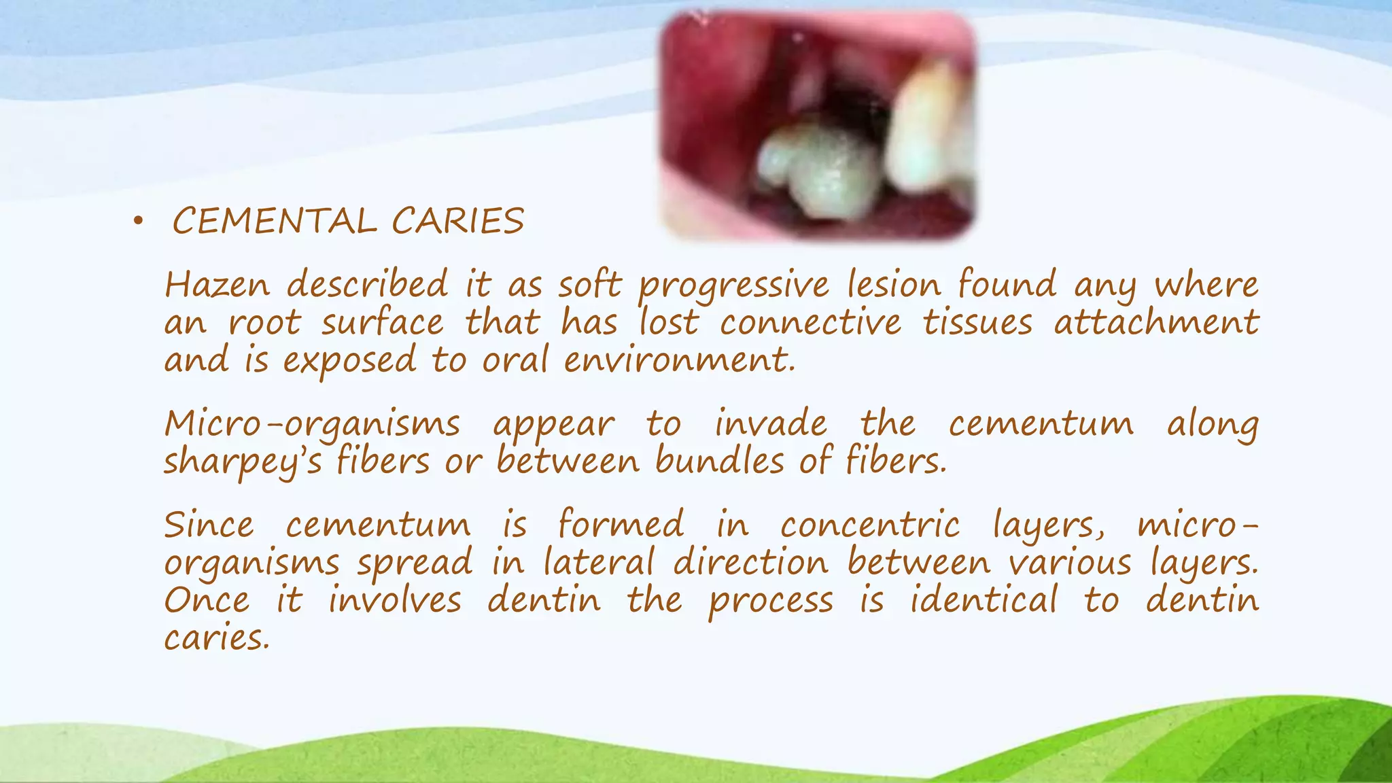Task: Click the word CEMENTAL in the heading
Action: tap(274, 222)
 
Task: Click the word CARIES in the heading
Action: tap(457, 222)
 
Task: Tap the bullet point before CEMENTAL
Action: tap(139, 221)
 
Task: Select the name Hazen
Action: tap(217, 285)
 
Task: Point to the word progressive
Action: tap(733, 286)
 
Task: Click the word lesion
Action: tap(894, 285)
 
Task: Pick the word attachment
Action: tap(1156, 322)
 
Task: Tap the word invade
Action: tap(771, 424)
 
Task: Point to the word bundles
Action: tap(720, 462)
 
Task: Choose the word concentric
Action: tap(870, 525)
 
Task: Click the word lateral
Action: tap(599, 563)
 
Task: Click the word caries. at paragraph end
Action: tap(216, 638)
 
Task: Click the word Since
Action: tap(209, 525)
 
